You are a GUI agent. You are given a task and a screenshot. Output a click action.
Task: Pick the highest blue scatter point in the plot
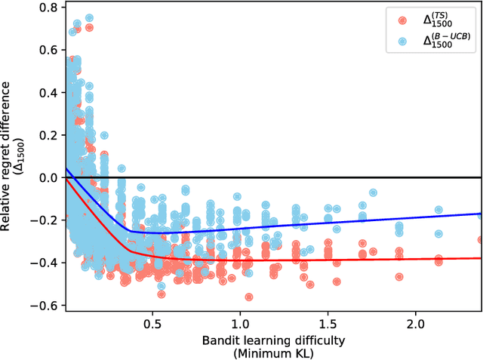(x=89, y=17)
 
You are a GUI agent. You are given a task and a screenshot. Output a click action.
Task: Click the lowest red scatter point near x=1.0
(x=248, y=297)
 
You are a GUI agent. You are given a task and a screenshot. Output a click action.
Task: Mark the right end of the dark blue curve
(x=481, y=214)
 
